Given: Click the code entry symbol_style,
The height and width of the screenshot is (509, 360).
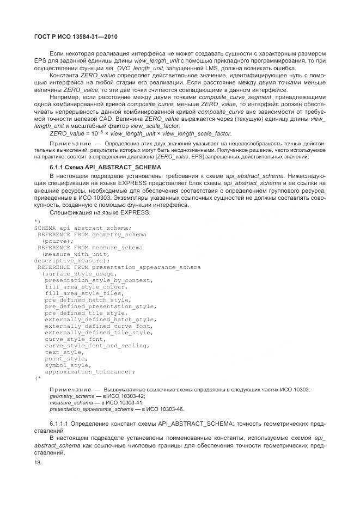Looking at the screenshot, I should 66,365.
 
